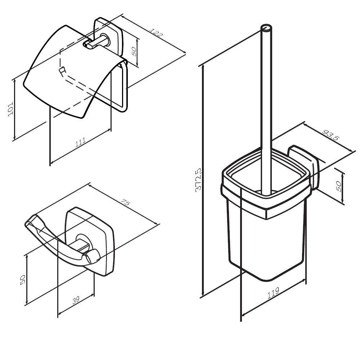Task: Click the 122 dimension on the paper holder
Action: pos(156,33)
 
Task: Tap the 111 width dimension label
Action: pos(80,142)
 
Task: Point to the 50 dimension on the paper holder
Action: pos(134,51)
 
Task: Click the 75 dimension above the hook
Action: pos(126,202)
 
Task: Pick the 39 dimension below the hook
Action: pos(76,300)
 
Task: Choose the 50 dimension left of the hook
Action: pos(23,280)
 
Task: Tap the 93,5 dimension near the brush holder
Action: pos(331,135)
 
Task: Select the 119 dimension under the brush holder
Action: pos(273,293)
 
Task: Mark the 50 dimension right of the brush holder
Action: pos(338,185)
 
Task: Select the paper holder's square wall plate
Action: pos(108,37)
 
